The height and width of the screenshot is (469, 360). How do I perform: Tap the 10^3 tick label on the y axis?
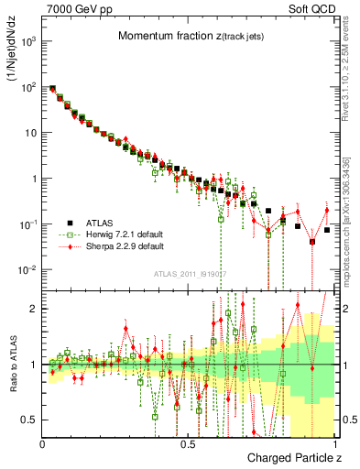[28, 41]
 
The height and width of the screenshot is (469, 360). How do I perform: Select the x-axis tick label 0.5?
[189, 443]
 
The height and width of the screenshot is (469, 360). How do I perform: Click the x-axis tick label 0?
[43, 443]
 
